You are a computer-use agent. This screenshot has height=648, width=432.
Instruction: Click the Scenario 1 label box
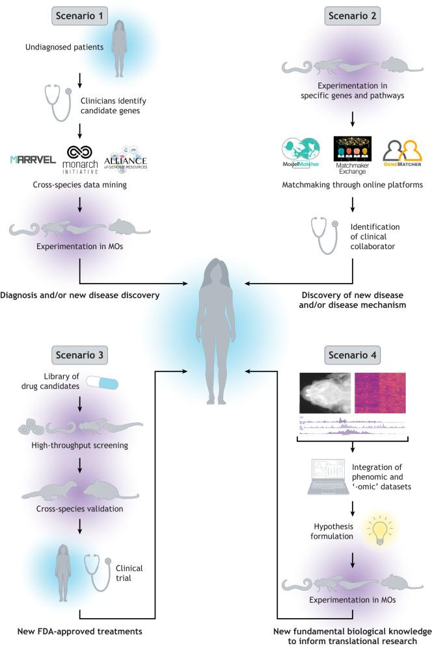pyautogui.click(x=79, y=14)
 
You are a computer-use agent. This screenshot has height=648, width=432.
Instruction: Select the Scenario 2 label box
pyautogui.click(x=351, y=14)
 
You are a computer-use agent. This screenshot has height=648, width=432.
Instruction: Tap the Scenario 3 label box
pyautogui.click(x=79, y=356)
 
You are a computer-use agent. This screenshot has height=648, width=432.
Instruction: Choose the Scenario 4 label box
pyautogui.click(x=351, y=356)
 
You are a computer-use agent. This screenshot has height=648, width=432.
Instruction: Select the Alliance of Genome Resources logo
pyautogui.click(x=126, y=158)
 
